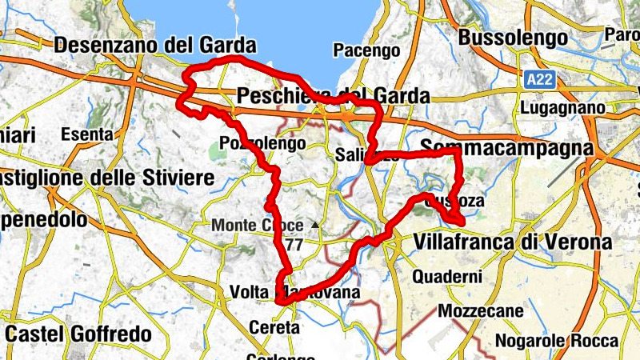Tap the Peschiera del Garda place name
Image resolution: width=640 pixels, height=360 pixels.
pos(334,96)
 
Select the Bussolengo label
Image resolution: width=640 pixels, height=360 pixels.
pos(514,38)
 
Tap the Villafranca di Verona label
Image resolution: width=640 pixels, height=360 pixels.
pos(513,242)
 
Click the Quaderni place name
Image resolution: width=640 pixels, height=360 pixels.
pos(448,277)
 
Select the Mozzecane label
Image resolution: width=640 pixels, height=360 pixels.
pos(480,310)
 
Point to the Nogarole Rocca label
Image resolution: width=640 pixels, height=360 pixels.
pos(558,341)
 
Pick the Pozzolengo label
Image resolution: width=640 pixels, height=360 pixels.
pos(262,145)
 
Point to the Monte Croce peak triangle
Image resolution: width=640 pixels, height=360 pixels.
pos(317,225)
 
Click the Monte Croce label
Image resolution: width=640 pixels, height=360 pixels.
pos(258,226)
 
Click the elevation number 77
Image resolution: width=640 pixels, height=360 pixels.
pos(294,245)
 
